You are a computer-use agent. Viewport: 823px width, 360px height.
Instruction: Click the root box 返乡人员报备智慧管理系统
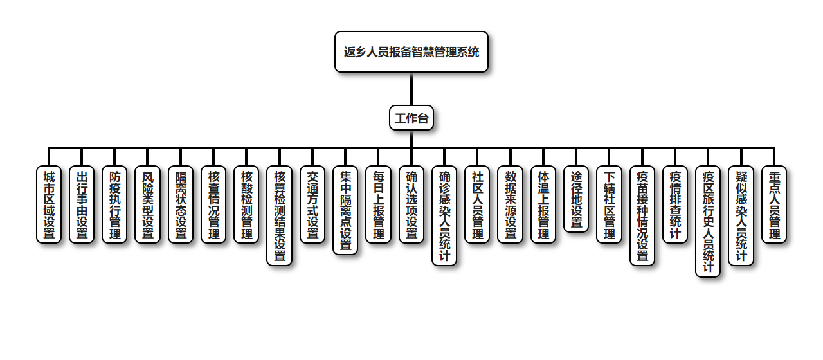411,52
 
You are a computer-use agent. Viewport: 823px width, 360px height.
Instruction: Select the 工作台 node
411,118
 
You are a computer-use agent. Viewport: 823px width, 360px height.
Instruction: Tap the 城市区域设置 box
49,204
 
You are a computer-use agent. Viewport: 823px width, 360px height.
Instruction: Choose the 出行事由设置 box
82,204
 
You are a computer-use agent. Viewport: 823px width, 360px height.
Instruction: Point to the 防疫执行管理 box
114,204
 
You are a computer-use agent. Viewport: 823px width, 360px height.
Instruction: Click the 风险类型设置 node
148,204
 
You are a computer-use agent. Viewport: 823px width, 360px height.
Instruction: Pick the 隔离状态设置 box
181,204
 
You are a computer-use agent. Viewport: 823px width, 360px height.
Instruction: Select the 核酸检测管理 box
246,204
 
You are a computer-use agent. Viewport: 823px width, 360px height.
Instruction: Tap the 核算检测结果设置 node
279,215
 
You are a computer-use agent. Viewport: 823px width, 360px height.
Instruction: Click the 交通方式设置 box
312,204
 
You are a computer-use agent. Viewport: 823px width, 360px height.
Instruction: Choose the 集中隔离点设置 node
345,210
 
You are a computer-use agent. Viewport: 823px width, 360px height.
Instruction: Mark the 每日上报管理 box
378,204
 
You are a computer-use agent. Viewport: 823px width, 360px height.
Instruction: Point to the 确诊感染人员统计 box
444,215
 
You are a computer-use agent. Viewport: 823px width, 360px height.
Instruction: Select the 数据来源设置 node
511,204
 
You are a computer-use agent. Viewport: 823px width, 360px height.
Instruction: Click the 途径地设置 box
576,199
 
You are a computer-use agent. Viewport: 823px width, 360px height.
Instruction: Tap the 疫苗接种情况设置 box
642,215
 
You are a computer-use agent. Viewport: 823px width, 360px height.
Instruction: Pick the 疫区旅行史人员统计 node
708,221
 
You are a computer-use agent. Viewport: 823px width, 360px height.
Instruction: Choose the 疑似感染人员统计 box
741,215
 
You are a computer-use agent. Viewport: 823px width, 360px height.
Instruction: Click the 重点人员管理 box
774,204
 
